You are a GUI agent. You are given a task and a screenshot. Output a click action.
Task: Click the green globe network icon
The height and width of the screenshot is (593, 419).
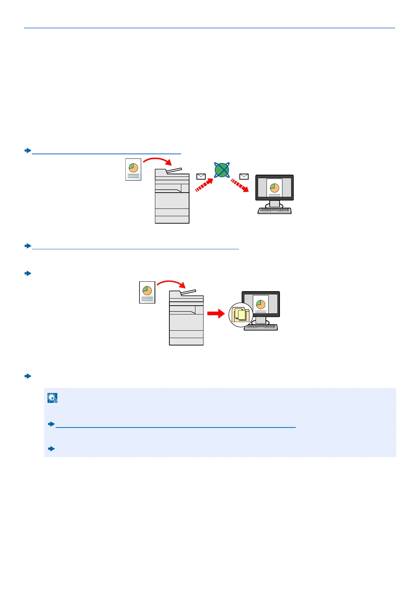[x=222, y=170]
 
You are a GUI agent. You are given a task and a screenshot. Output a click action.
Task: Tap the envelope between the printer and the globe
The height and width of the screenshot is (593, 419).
[x=201, y=176]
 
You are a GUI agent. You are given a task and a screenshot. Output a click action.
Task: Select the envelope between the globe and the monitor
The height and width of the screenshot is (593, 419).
[x=244, y=176]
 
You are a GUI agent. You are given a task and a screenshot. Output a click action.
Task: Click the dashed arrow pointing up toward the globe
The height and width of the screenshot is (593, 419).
[x=204, y=185]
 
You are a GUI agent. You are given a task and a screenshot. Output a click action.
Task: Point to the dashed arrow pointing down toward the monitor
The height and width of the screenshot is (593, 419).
[x=240, y=185]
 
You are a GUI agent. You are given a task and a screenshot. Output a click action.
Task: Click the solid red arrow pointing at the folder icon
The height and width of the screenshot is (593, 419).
[x=216, y=313]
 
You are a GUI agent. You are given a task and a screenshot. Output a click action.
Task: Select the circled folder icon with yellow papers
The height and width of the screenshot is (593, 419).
[x=240, y=314]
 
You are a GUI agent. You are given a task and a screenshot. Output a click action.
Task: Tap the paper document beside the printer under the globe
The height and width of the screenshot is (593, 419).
[x=133, y=169]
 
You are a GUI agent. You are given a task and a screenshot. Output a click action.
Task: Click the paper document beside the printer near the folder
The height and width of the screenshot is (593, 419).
[x=147, y=292]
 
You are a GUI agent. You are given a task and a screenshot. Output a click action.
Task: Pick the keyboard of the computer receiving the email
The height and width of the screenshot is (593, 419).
[x=275, y=211]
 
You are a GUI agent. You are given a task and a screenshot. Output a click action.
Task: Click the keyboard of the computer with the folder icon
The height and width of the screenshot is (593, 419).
[x=261, y=327]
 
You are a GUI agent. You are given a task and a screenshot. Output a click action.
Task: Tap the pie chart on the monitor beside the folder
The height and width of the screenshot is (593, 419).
[x=261, y=304]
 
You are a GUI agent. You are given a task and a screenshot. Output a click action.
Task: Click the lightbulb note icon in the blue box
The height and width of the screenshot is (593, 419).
[x=52, y=398]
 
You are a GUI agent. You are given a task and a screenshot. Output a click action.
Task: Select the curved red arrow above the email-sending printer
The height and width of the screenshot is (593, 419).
[x=157, y=161]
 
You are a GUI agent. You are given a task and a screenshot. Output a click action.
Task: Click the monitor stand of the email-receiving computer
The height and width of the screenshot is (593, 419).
[x=275, y=204]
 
